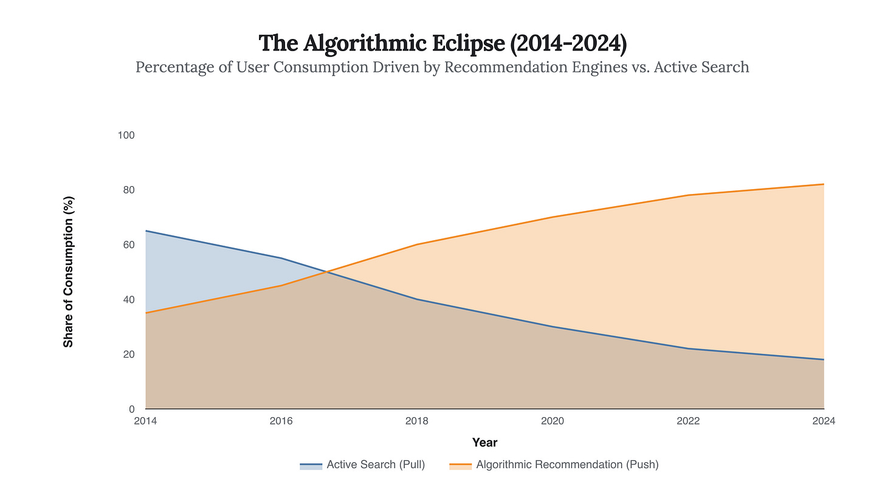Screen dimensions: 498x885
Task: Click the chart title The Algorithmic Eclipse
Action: click(442, 43)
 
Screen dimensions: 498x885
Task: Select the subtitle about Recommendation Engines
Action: click(442, 66)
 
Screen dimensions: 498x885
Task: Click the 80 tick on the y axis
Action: click(128, 190)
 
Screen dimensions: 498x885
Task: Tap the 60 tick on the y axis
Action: click(128, 244)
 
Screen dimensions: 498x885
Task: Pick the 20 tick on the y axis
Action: click(128, 354)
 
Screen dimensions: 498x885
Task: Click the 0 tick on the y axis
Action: click(130, 409)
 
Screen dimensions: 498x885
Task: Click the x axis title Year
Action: click(484, 443)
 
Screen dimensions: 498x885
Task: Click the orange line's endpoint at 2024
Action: click(824, 184)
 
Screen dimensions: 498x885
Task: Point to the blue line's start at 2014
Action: click(146, 231)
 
